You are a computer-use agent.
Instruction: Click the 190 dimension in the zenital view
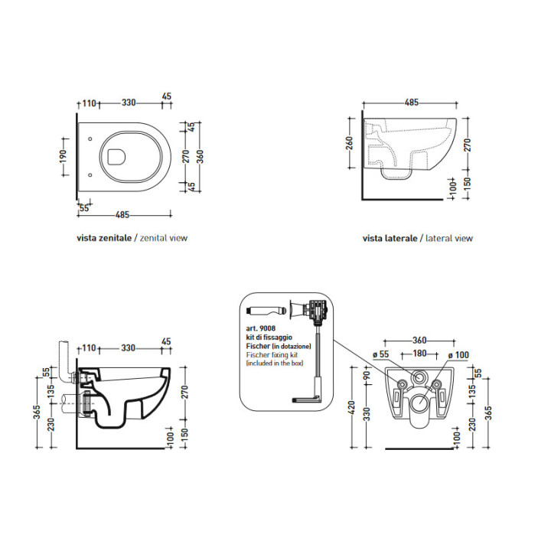click(63, 156)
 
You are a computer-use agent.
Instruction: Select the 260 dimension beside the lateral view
click(350, 143)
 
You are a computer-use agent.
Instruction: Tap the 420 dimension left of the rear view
click(353, 408)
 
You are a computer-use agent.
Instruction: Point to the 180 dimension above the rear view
click(419, 353)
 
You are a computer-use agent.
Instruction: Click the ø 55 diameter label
click(381, 354)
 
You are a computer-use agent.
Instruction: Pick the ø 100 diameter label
click(458, 355)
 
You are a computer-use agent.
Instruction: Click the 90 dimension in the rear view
click(367, 375)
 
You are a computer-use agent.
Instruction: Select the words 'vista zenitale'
click(104, 238)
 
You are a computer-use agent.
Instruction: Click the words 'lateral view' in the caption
click(449, 238)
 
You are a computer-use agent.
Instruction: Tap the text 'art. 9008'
click(261, 329)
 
